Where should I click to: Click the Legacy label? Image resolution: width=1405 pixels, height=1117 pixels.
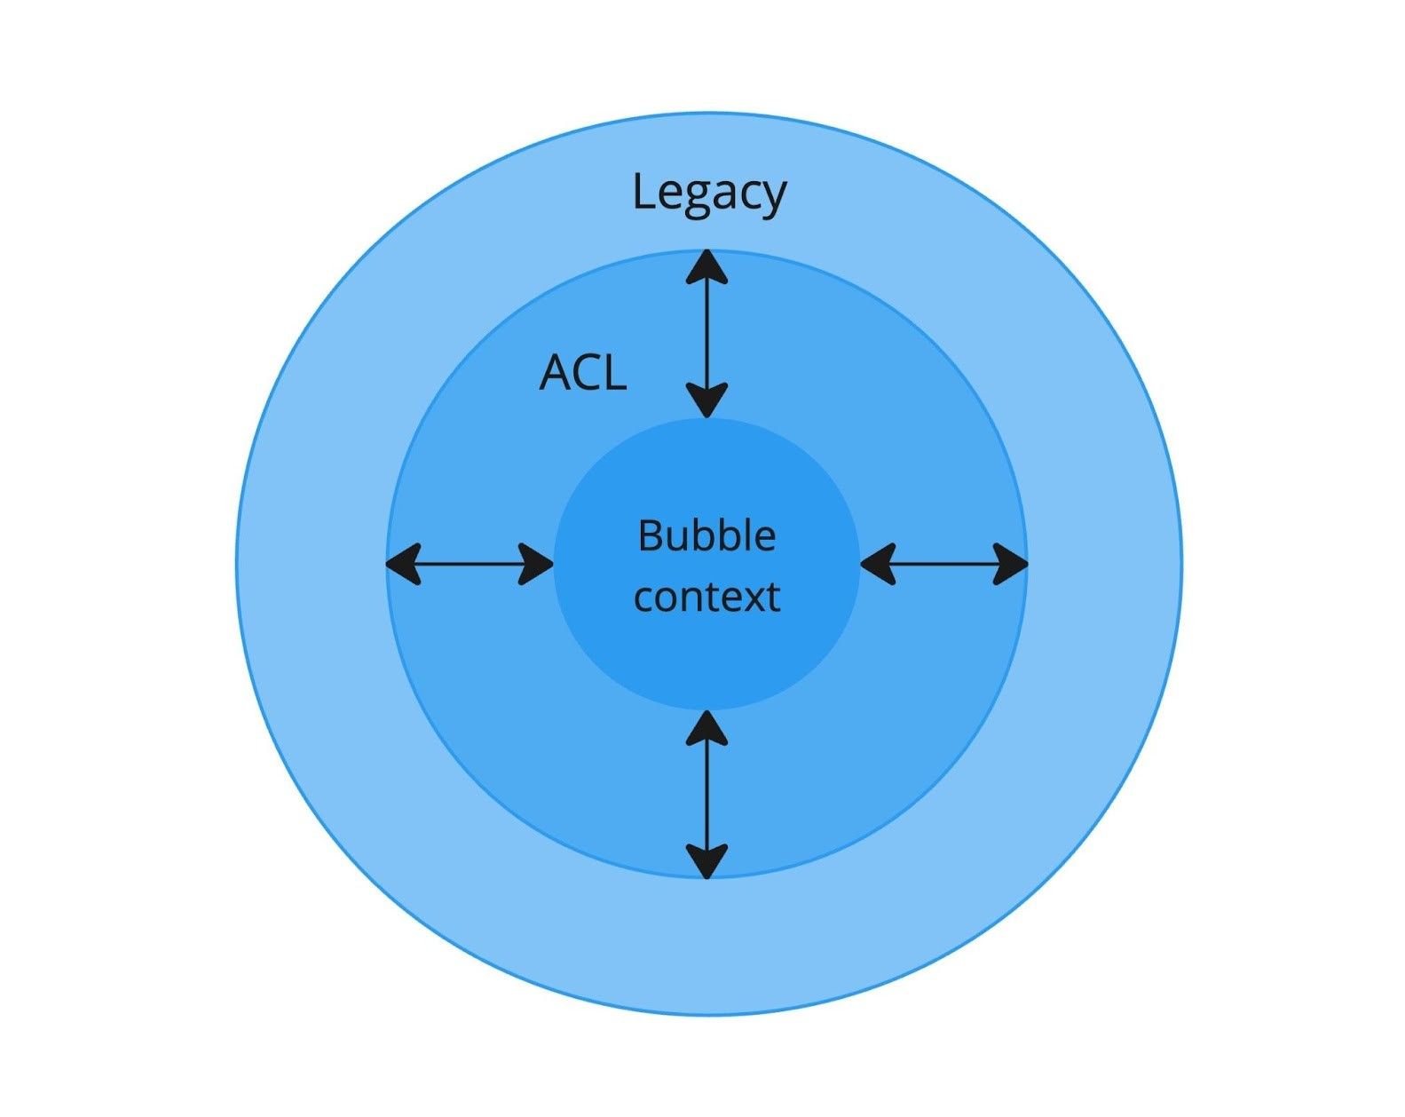(x=708, y=193)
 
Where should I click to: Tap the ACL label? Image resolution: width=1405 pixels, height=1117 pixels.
(x=583, y=372)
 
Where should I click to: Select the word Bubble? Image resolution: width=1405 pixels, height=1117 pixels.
(x=706, y=536)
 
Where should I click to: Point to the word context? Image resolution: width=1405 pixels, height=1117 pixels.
(x=706, y=597)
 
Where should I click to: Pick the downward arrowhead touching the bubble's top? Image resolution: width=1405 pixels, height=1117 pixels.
(x=706, y=400)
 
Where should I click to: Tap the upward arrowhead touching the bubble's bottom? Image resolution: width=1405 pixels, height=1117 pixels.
(x=706, y=727)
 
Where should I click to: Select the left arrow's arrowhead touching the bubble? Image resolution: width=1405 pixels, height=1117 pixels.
(x=536, y=564)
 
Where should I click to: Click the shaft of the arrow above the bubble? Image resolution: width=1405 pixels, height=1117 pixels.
(x=706, y=334)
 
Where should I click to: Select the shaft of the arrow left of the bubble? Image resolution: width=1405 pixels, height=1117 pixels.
(x=470, y=564)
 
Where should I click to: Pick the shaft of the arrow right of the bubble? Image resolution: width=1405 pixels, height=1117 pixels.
(x=943, y=564)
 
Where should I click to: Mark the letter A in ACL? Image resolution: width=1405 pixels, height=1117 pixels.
(x=556, y=372)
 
